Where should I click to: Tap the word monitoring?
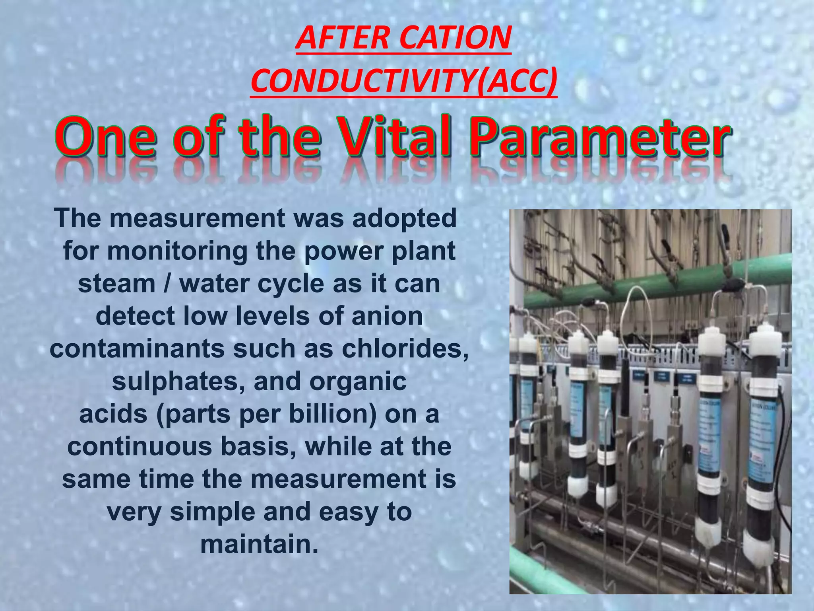(x=177, y=251)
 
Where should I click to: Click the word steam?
(x=116, y=284)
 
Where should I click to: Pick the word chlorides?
(x=405, y=349)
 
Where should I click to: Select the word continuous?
(x=140, y=447)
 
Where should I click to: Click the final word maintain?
(x=259, y=545)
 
